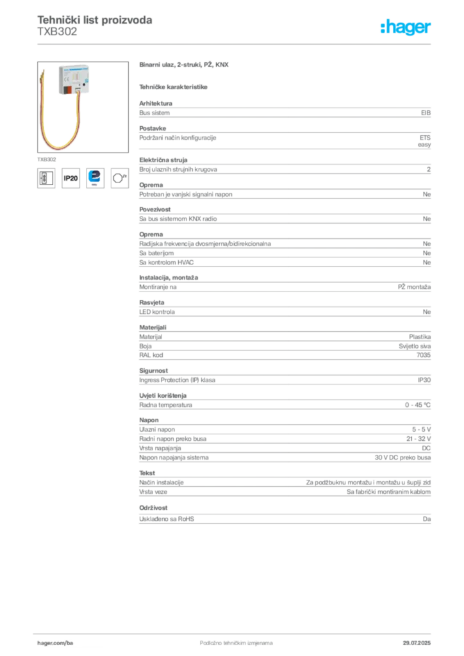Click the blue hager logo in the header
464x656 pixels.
406,28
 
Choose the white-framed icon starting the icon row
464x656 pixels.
46,177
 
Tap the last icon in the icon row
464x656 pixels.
120,177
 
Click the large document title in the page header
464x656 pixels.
95,20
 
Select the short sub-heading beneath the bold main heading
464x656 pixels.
174,86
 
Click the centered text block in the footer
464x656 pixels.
228,641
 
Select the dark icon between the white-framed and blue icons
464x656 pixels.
71,178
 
